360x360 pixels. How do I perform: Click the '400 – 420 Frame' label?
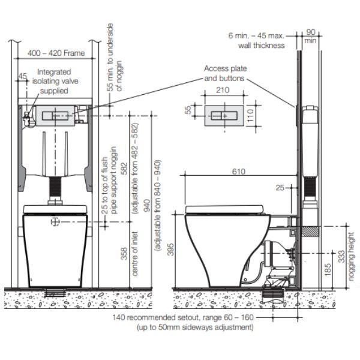tap(56, 53)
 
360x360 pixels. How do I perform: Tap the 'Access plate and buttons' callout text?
tap(225, 73)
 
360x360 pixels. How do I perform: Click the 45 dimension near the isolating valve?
tap(23, 76)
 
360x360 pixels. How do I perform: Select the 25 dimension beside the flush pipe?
tap(280, 188)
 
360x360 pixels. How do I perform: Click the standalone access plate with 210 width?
tap(222, 113)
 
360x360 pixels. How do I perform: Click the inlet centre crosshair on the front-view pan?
tap(56, 221)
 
